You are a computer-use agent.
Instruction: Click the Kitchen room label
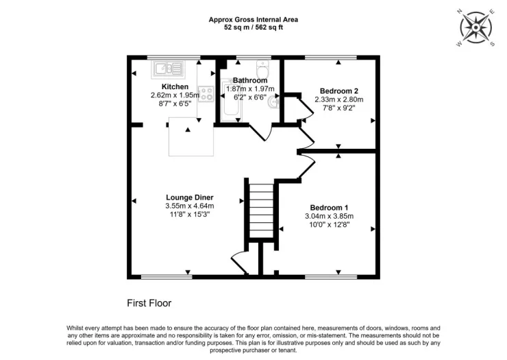pyautogui.click(x=175, y=87)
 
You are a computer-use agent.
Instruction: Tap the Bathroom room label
pyautogui.click(x=250, y=80)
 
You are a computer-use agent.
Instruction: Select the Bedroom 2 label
pyautogui.click(x=339, y=91)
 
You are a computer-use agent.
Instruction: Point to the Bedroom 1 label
pyautogui.click(x=329, y=208)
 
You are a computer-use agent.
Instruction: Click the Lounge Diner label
pyautogui.click(x=190, y=197)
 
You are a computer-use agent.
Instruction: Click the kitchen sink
pyautogui.click(x=167, y=69)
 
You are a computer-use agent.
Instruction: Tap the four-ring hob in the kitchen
pyautogui.click(x=206, y=93)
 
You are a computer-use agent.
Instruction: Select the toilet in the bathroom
pyautogui.click(x=263, y=68)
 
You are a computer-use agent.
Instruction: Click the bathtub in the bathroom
pyautogui.click(x=231, y=99)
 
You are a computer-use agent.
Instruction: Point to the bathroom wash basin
pyautogui.click(x=274, y=103)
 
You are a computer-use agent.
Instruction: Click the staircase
pyautogui.click(x=262, y=211)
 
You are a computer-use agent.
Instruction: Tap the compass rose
pyautogui.click(x=475, y=28)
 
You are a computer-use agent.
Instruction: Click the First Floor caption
pyautogui.click(x=149, y=303)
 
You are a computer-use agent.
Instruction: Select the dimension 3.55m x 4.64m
pyautogui.click(x=190, y=206)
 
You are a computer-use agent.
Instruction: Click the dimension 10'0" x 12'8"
pyautogui.click(x=329, y=224)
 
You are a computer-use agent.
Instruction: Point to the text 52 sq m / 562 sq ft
pyautogui.click(x=253, y=27)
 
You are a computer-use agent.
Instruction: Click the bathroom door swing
pyautogui.click(x=261, y=133)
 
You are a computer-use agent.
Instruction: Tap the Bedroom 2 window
pyautogui.click(x=330, y=58)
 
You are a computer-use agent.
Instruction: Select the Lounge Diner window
pyautogui.click(x=166, y=277)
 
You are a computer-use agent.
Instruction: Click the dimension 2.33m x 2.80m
pyautogui.click(x=339, y=99)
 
